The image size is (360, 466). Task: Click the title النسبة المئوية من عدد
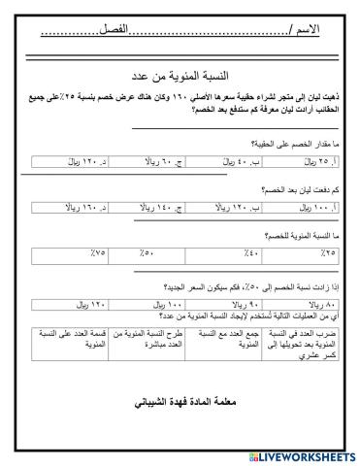pos(180,76)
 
